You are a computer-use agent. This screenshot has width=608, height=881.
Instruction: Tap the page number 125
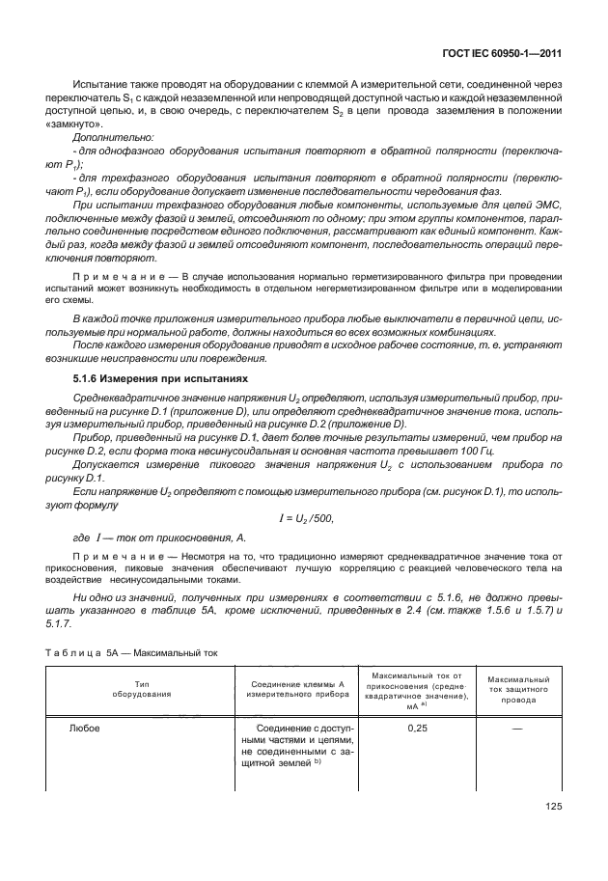[x=552, y=807]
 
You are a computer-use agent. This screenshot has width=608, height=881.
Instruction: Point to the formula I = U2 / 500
[x=305, y=518]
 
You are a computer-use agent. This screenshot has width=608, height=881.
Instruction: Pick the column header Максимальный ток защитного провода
[x=519, y=689]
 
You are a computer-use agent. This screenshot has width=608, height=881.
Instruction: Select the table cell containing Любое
[x=85, y=730]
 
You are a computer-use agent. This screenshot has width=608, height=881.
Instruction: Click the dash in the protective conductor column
[x=519, y=730]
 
